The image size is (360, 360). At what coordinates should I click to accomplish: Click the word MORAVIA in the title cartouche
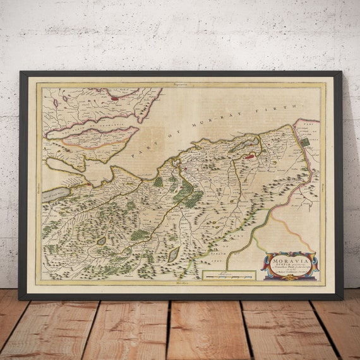coord(291,258)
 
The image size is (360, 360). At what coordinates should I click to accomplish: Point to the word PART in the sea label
coord(138,151)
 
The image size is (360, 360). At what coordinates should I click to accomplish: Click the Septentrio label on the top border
coord(181,83)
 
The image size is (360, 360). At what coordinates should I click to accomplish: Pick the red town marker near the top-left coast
coord(114,98)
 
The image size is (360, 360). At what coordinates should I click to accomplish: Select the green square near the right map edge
coord(305,143)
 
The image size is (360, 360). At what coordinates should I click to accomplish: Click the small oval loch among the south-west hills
coord(101,241)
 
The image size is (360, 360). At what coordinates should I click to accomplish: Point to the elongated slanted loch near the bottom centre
coord(173,254)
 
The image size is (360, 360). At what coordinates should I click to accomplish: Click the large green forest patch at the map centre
coord(187,196)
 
